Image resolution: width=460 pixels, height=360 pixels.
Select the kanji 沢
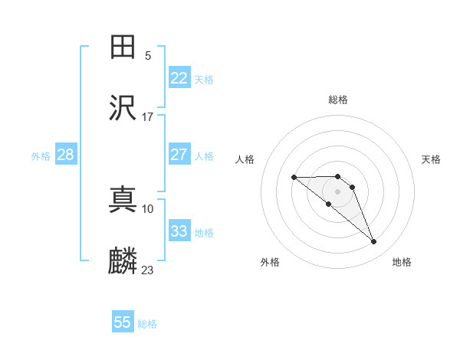coord(123,106)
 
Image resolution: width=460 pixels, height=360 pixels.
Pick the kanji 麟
coord(123,260)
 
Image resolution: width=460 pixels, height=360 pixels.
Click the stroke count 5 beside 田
coord(148,55)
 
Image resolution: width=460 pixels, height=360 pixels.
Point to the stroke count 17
coord(148,116)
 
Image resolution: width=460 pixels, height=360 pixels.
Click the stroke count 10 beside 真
coord(148,208)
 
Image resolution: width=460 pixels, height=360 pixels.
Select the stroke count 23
coord(148,270)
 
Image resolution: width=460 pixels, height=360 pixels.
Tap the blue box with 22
coord(179,78)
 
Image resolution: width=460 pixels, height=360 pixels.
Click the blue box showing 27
coord(179,155)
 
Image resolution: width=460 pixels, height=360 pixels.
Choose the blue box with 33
coord(179,231)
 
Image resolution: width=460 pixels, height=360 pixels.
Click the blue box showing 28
coord(66,155)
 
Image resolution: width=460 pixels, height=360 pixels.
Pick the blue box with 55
coord(123,322)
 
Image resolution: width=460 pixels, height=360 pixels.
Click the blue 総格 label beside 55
coord(147,324)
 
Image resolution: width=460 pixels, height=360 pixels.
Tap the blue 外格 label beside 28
coord(41,156)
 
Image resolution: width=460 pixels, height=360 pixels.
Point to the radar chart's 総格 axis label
coord(338,100)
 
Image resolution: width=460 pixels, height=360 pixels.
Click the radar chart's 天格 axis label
coord(432,159)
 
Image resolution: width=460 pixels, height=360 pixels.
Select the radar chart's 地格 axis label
coord(402,262)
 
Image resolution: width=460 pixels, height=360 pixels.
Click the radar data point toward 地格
coord(374,242)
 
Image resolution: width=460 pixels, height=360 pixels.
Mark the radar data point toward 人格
coord(294,178)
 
